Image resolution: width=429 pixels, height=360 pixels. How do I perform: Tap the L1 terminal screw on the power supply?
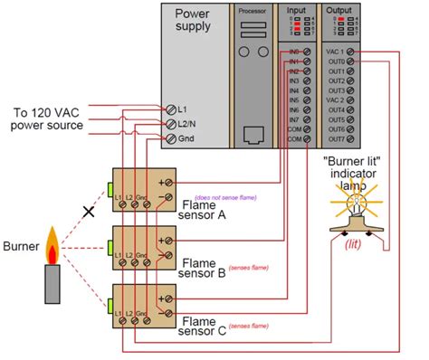(x=172, y=108)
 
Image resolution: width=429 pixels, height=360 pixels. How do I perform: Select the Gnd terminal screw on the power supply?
(x=172, y=138)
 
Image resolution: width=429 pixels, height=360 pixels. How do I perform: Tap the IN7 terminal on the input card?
(x=308, y=118)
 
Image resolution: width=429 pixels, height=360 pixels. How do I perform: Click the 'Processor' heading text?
(x=253, y=9)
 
